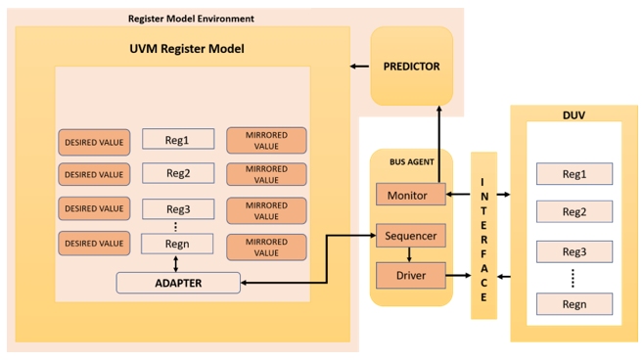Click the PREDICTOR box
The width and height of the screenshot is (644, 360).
pos(411,67)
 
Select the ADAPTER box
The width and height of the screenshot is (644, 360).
pos(178,282)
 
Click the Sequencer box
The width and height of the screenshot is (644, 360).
pos(410,236)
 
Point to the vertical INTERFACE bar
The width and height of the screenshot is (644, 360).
pos(483,235)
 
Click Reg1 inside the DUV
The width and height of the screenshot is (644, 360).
pos(575,174)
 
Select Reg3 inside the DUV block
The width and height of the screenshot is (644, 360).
pos(575,251)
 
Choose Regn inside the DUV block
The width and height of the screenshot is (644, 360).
pos(575,303)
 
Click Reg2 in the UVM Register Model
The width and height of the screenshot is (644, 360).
pos(178,173)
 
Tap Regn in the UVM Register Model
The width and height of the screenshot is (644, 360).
pos(178,244)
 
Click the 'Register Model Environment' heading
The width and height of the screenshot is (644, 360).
pos(191,19)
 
